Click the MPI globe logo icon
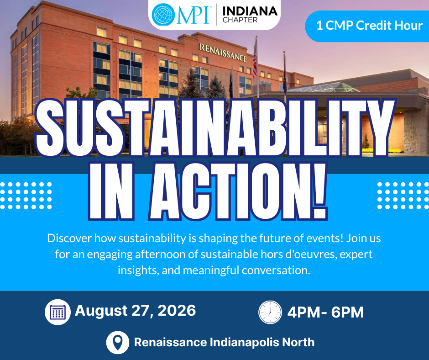pyautogui.click(x=163, y=15)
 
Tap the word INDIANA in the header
pyautogui.click(x=250, y=11)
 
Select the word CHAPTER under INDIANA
pyautogui.click(x=240, y=20)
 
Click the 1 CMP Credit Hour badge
pyautogui.click(x=367, y=26)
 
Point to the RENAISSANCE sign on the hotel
pyautogui.click(x=223, y=52)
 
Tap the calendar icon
pyautogui.click(x=58, y=312)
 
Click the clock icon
pyautogui.click(x=270, y=312)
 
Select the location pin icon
pyautogui.click(x=118, y=343)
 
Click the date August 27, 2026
pyautogui.click(x=136, y=310)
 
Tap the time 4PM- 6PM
pyautogui.click(x=325, y=312)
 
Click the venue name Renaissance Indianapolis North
pyautogui.click(x=225, y=342)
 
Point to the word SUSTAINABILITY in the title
pyautogui.click(x=215, y=127)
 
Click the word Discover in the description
pyautogui.click(x=69, y=238)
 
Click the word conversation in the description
pyautogui.click(x=276, y=270)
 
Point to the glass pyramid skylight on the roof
pyautogui.click(x=324, y=87)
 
